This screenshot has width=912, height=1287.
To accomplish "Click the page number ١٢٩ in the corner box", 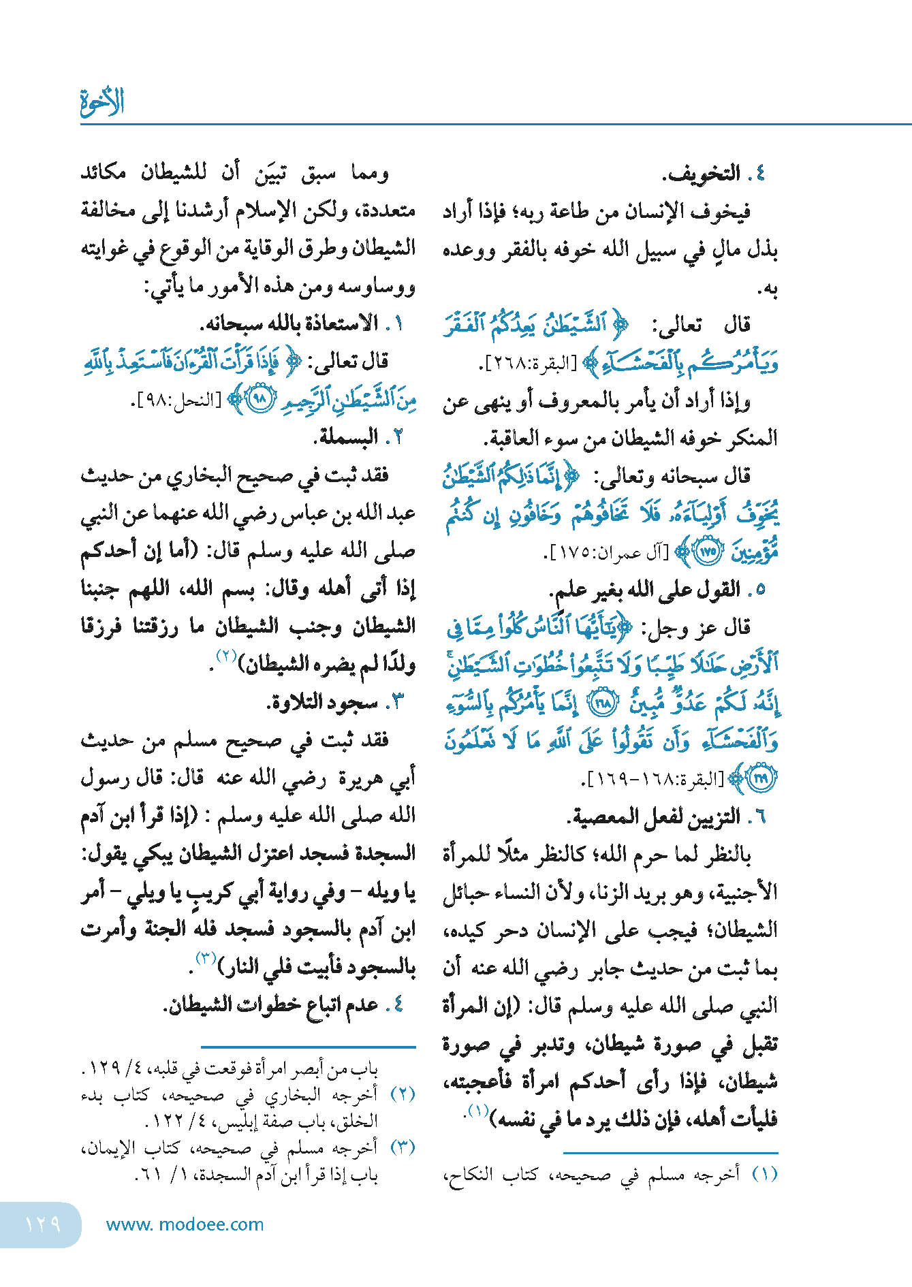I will (42, 1224).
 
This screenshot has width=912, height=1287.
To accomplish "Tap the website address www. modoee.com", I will (185, 1224).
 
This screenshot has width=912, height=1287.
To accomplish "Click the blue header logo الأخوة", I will (102, 102).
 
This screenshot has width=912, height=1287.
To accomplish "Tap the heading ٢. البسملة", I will (358, 436).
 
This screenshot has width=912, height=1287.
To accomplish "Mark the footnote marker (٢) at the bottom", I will (403, 1094).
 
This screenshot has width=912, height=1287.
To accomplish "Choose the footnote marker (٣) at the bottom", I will (403, 1147).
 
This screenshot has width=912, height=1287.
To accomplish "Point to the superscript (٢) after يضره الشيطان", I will (226, 655).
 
